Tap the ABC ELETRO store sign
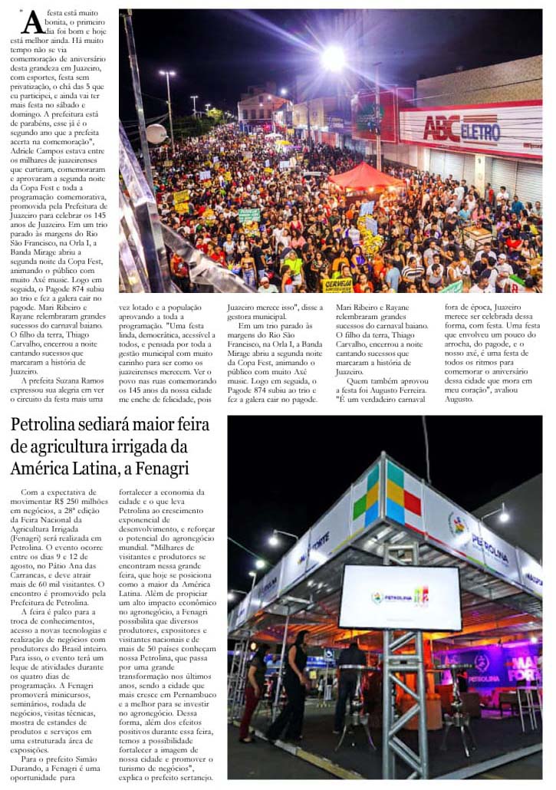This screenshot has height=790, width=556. pos(462,129)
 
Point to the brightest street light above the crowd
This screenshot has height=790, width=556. pos(334,58)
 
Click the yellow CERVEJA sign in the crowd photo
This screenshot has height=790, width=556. pos(338,285)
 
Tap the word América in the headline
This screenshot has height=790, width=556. pos(43,469)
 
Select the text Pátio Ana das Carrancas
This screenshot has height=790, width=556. pos(64,566)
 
